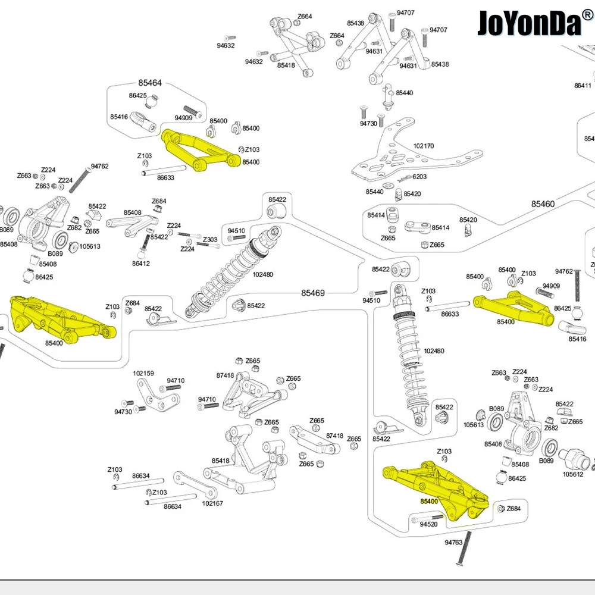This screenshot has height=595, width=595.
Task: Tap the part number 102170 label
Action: click(424, 146)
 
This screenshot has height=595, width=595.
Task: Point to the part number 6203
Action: click(419, 177)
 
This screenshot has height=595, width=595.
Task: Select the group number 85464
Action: click(150, 83)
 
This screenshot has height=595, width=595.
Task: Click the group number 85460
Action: click(543, 204)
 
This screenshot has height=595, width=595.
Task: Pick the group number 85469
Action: click(313, 293)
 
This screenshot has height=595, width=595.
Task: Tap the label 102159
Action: click(143, 374)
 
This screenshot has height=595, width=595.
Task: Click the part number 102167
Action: click(212, 503)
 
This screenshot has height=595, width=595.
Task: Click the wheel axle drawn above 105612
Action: click(575, 459)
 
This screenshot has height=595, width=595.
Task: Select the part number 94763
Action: click(453, 543)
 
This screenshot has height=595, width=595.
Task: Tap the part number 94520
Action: click(428, 525)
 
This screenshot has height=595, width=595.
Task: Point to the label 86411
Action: click(583, 86)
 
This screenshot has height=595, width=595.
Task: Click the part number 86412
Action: click(141, 264)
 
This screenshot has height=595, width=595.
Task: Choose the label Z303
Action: click(210, 240)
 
